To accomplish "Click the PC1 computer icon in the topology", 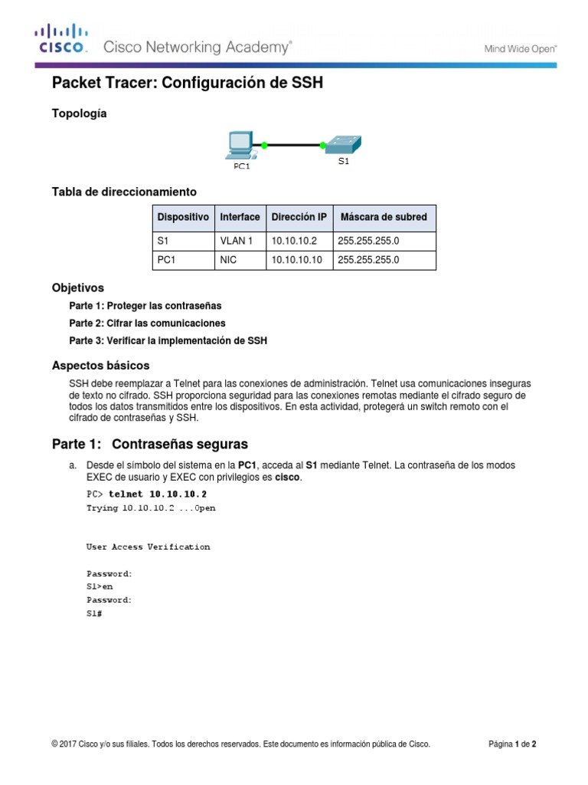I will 241,146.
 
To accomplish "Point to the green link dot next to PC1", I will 264,144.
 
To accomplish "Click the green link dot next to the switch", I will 322,143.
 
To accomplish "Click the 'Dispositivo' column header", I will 183,217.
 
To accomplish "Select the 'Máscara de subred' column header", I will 384,217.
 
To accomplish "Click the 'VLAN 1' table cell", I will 237,241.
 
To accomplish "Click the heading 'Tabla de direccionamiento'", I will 124,191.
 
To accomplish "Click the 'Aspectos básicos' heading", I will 100,365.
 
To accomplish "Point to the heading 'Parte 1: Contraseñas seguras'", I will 149,444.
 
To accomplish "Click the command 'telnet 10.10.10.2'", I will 158,494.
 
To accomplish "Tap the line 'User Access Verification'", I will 148,547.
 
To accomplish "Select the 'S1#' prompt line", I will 94,613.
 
